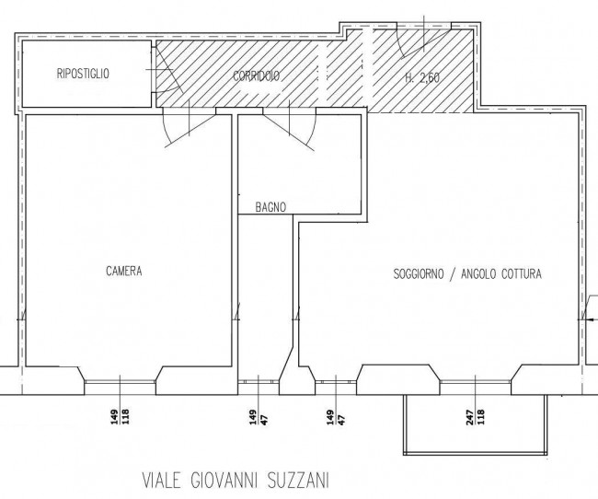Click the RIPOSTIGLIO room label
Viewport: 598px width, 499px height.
pyautogui.click(x=83, y=74)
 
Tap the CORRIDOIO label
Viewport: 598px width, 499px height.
pyautogui.click(x=257, y=76)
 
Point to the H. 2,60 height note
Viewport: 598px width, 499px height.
pyautogui.click(x=422, y=78)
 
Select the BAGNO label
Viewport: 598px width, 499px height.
pyautogui.click(x=270, y=207)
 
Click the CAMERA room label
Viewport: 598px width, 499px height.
pyautogui.click(x=124, y=271)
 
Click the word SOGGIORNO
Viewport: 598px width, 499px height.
pyautogui.click(x=419, y=273)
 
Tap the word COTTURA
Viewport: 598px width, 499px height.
pyautogui.click(x=522, y=273)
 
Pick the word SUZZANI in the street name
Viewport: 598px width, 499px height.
pyautogui.click(x=298, y=481)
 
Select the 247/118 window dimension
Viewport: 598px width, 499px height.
pyautogui.click(x=476, y=417)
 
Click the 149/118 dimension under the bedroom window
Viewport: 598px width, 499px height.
pyautogui.click(x=121, y=417)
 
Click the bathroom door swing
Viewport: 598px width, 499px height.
pyautogui.click(x=290, y=129)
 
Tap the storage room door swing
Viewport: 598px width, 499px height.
pyautogui.click(x=167, y=70)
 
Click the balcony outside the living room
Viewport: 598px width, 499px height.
pyautogui.click(x=476, y=425)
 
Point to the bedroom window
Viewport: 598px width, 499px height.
pyautogui.click(x=120, y=381)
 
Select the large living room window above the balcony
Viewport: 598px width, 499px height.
pyautogui.click(x=476, y=381)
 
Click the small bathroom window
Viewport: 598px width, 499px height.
pyautogui.click(x=259, y=381)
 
